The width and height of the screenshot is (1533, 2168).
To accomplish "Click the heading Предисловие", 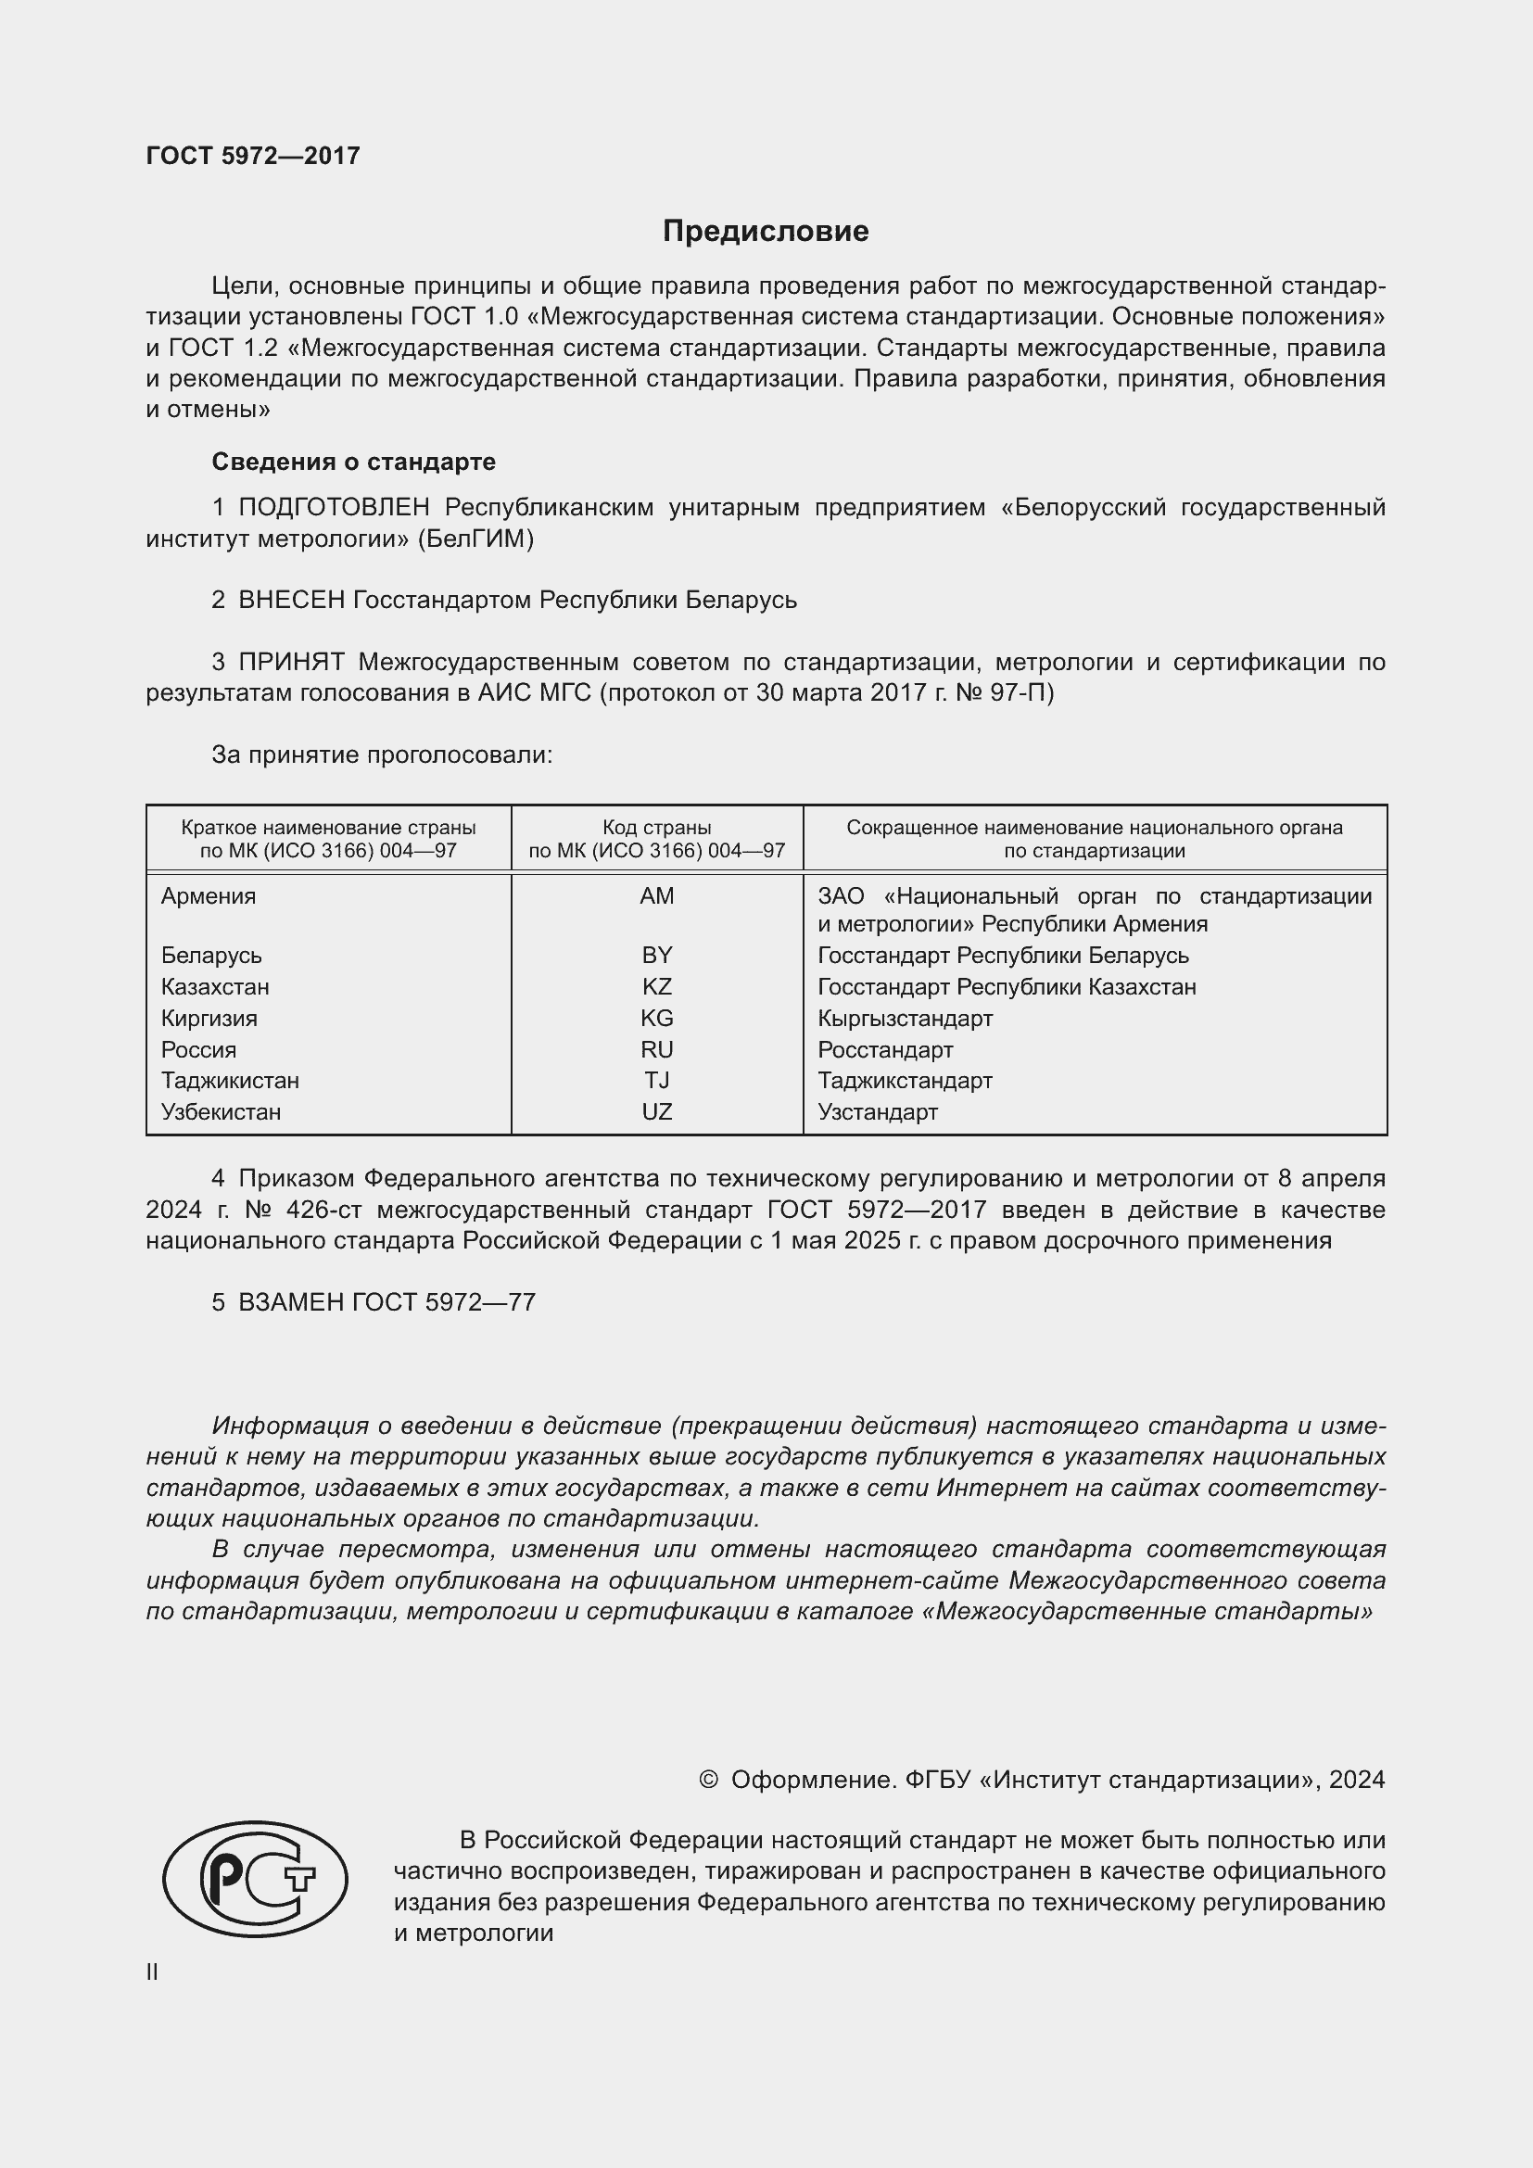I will [x=765, y=232].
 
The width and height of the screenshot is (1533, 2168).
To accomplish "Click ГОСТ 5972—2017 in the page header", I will [x=253, y=156].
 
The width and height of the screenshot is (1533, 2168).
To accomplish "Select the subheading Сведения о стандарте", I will [x=353, y=462].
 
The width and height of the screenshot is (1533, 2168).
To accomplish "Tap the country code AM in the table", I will [x=656, y=896].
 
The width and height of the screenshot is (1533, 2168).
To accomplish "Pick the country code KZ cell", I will [x=656, y=987].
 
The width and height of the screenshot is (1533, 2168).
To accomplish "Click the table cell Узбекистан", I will [x=221, y=1111].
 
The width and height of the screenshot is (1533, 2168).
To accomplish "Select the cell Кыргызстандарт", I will [x=905, y=1018].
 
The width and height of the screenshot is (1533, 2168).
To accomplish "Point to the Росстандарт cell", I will [x=884, y=1050].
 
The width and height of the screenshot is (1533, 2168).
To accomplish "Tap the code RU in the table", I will [x=656, y=1050].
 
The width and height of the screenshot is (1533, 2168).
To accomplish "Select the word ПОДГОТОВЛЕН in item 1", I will [x=335, y=508].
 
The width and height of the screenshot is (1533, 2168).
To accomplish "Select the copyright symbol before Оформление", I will [x=708, y=1780].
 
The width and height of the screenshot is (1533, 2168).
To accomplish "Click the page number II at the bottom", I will [x=152, y=1971].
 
